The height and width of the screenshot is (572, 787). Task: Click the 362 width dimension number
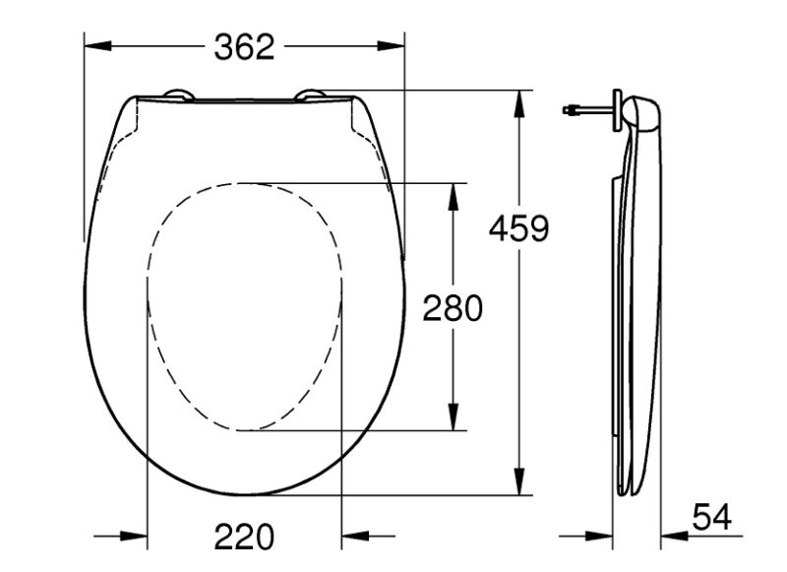(244, 47)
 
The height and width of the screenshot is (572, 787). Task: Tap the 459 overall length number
(519, 228)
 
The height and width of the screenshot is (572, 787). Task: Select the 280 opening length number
(453, 308)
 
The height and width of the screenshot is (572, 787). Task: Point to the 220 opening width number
(244, 537)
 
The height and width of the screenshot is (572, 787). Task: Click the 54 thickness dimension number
(711, 517)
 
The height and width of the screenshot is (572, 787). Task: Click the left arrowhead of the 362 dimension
(97, 45)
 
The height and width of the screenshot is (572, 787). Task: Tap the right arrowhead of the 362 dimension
(391, 45)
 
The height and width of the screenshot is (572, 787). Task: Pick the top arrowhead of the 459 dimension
(519, 104)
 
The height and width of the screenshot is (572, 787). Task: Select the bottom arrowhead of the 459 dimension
(519, 481)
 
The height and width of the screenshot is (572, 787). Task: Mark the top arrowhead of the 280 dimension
(454, 196)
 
